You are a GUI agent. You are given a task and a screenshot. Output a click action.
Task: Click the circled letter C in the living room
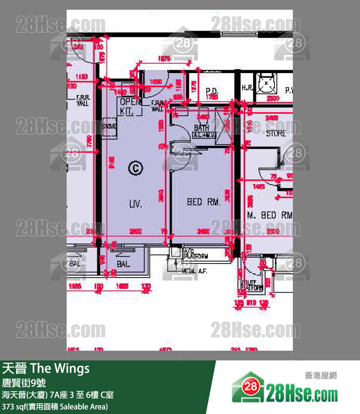136,169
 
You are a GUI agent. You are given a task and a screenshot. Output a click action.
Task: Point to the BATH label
201,128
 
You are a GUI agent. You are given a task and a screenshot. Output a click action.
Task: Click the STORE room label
276,133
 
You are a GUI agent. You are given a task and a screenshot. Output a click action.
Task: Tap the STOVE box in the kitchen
109,128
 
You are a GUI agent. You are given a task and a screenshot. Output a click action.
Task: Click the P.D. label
211,91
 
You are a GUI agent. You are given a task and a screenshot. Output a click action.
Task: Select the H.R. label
247,88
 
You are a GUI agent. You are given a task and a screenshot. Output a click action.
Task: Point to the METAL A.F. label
194,271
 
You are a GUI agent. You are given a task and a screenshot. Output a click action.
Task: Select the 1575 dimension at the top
164,59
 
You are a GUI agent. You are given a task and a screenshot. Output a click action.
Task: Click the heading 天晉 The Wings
46,368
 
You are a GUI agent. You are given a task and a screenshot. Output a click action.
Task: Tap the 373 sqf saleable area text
54,406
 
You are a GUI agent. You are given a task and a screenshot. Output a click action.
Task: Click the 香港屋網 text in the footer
320,375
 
